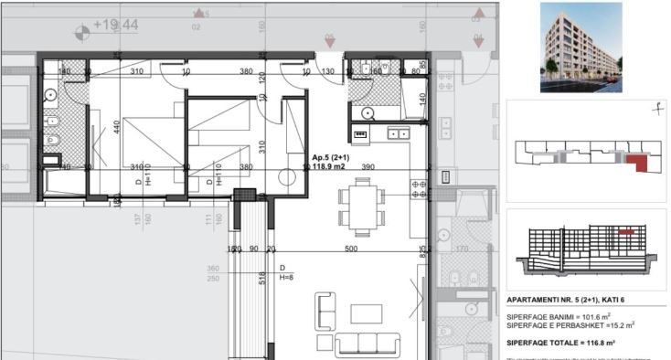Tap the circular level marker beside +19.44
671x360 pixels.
[x=82, y=30]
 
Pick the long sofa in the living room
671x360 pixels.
[x=368, y=344]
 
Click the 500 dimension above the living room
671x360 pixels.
[x=350, y=249]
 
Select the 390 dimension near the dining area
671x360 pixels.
[x=367, y=168]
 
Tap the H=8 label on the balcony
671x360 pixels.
[x=285, y=277]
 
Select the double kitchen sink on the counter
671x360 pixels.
[x=399, y=133]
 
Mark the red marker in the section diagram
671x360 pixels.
[x=626, y=233]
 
